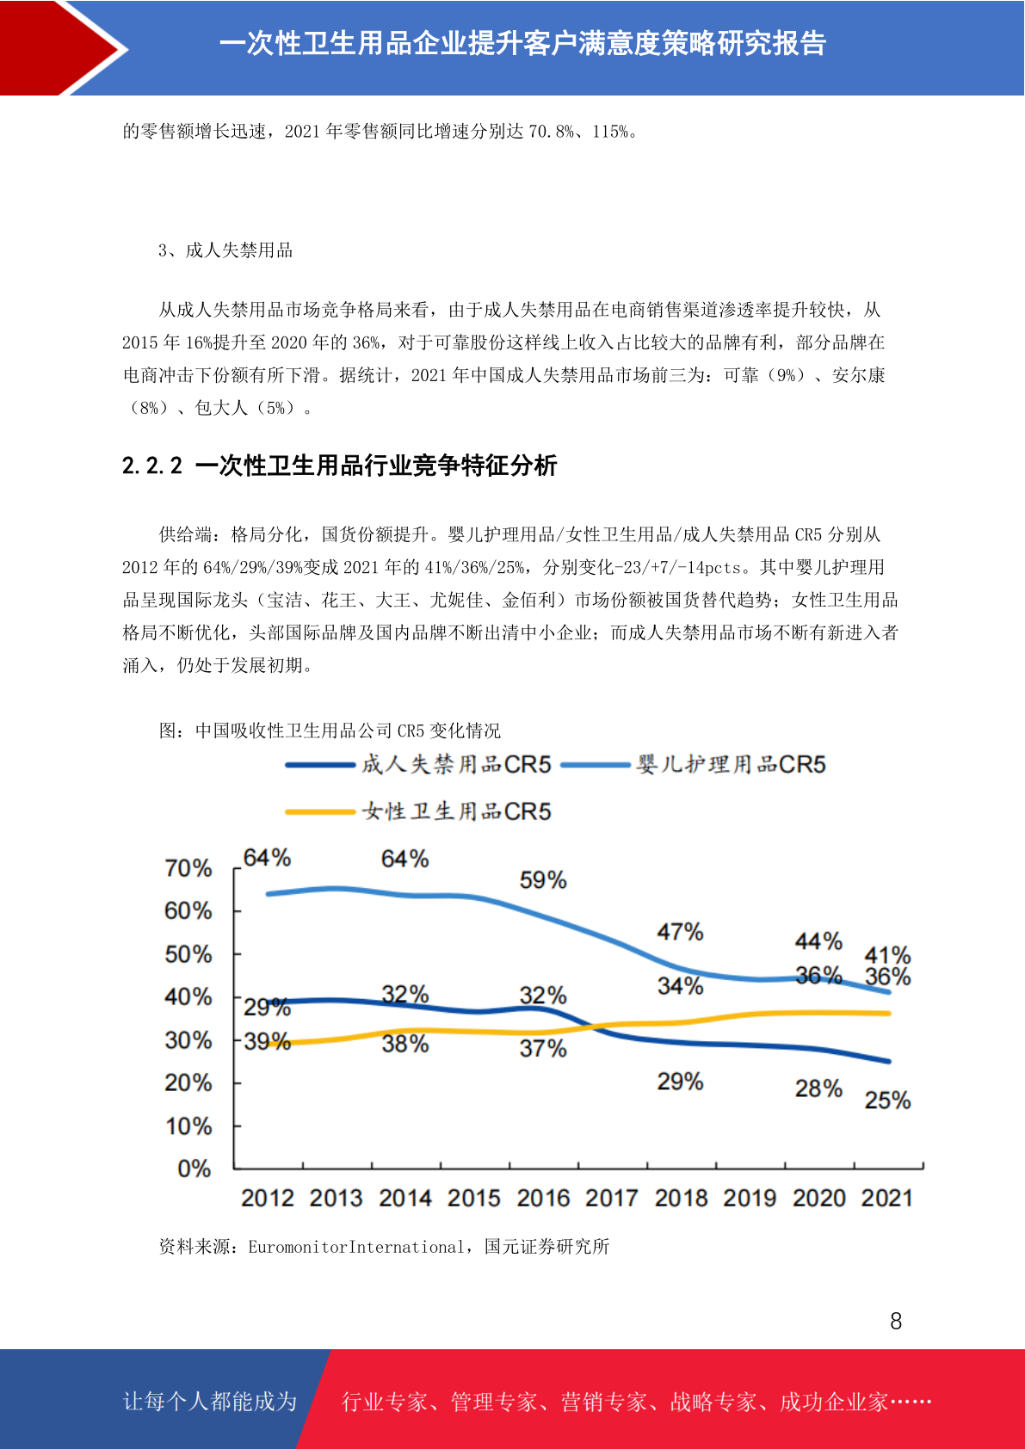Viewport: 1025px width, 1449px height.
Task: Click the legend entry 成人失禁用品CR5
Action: coord(418,764)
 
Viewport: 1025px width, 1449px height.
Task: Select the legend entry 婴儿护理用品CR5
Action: coord(693,764)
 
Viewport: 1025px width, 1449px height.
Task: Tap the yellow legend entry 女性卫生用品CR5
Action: coord(418,811)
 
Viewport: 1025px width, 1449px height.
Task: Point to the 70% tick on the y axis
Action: coord(188,868)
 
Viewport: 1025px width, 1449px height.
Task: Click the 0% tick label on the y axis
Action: coord(195,1168)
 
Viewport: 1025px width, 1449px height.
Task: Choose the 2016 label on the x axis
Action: coord(543,1199)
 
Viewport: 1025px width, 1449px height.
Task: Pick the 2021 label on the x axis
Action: coord(886,1199)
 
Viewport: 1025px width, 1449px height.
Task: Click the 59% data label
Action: coord(543,879)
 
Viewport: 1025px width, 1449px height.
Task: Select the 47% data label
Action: coord(680,932)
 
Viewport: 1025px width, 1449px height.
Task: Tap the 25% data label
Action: coord(887,1101)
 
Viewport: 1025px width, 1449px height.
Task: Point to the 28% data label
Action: coord(818,1088)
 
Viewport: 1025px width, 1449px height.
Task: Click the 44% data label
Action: coord(818,941)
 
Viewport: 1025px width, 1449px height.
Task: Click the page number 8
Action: coord(896,1321)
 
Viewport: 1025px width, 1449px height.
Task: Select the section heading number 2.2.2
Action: coord(152,466)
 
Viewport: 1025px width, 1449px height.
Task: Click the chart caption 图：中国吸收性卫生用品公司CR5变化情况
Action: coord(330,731)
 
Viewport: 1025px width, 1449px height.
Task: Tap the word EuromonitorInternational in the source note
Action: coord(356,1247)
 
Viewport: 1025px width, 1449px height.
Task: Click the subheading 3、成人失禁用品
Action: coord(225,250)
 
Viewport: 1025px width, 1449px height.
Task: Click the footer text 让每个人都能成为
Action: coord(210,1401)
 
